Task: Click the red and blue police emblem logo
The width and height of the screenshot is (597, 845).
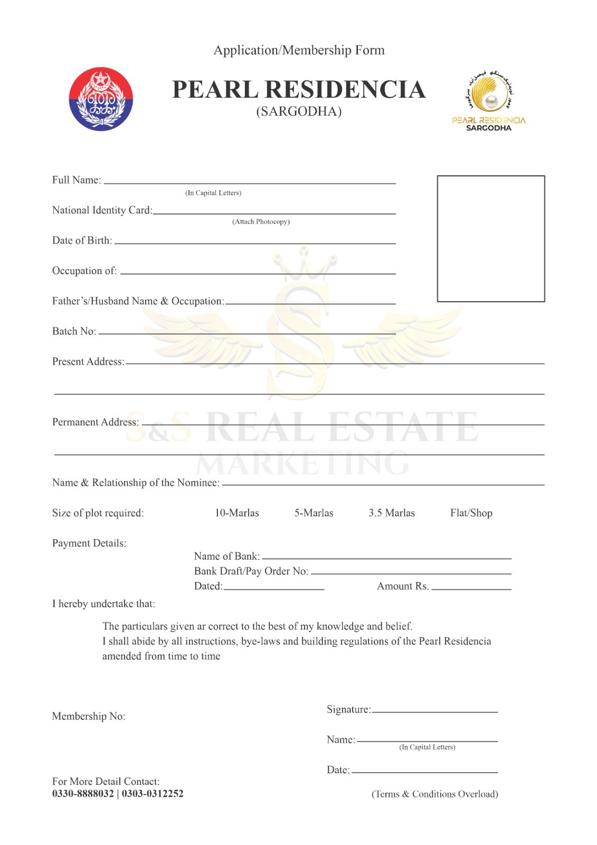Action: point(101,99)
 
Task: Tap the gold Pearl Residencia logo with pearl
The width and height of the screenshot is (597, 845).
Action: point(489,100)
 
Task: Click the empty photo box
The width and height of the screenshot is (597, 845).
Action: point(490,238)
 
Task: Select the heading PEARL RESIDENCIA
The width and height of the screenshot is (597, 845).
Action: point(299,90)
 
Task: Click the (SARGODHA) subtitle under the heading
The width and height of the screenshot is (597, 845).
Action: point(299,111)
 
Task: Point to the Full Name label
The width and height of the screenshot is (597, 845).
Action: point(76,180)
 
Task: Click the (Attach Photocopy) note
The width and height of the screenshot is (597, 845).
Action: point(261,222)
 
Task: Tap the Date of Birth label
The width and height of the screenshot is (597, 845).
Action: point(82,241)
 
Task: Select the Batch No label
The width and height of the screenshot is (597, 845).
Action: point(74,332)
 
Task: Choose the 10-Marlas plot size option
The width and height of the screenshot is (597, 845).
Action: point(236,513)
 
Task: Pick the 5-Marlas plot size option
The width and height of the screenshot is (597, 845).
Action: point(314,513)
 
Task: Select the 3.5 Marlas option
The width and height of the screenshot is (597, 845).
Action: point(392,513)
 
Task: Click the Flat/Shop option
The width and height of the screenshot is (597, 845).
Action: point(471,513)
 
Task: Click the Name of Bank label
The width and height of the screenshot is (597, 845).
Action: point(226,556)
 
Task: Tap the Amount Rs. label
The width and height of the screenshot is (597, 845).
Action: point(402,586)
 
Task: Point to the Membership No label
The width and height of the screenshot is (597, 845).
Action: point(89,717)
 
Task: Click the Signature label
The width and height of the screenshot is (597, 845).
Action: point(348,709)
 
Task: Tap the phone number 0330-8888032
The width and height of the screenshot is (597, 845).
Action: point(83,794)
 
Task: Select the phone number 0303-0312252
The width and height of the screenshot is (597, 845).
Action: point(153,794)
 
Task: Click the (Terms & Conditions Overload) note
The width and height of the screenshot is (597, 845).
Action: point(434,794)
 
